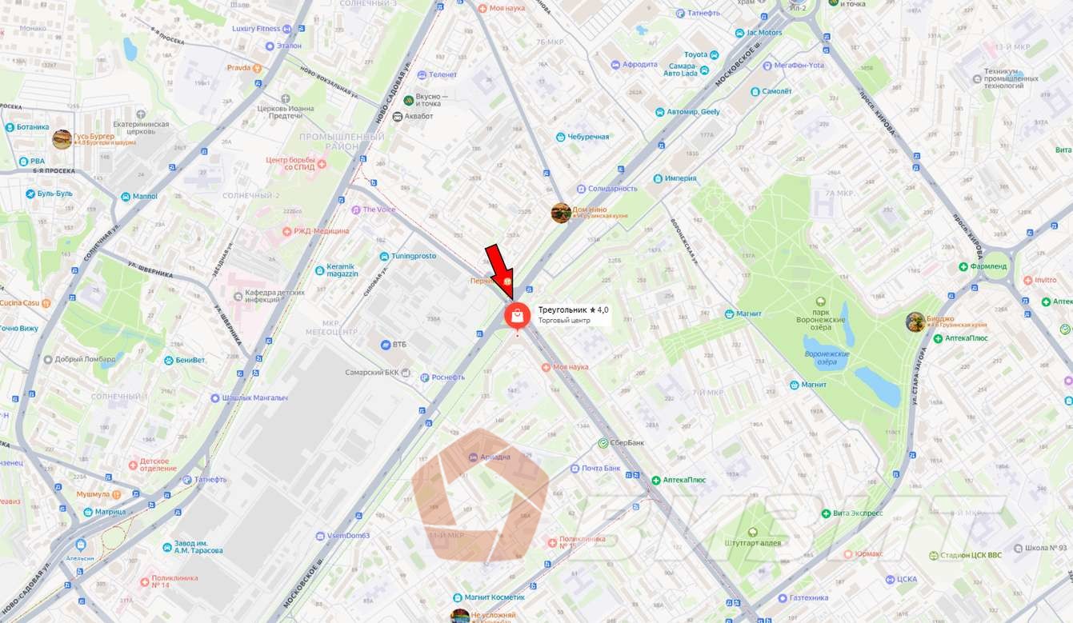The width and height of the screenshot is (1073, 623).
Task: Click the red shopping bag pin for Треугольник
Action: click(517, 316)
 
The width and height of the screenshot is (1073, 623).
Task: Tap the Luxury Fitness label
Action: click(256, 29)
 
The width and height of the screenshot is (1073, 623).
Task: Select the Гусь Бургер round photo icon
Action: click(62, 139)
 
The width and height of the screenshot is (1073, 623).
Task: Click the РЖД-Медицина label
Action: click(320, 231)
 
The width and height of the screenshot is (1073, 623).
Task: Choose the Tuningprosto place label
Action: click(414, 256)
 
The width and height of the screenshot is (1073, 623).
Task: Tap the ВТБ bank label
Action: click(398, 345)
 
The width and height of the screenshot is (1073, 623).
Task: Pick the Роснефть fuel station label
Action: click(447, 377)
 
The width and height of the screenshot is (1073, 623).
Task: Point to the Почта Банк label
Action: click(601, 468)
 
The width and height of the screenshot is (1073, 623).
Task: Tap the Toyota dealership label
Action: click(695, 54)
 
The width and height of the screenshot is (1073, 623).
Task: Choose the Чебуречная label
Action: click(588, 137)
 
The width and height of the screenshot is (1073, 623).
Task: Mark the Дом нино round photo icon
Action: click(561, 213)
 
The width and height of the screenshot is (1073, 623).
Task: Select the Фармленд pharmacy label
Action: click(988, 266)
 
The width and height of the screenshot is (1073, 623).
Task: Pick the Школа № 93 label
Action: click(1051, 549)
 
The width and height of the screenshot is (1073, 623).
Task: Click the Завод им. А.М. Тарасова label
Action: click(198, 547)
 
